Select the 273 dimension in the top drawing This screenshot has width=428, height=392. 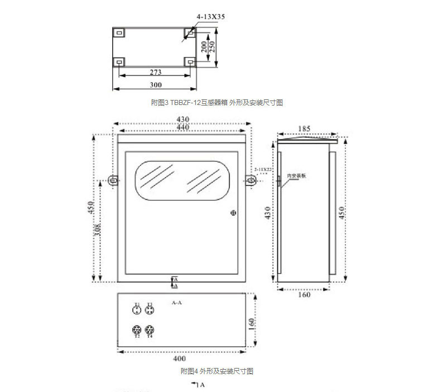156,72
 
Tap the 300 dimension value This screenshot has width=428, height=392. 156,85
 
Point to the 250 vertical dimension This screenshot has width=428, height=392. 213,45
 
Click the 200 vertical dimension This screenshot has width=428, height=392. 205,45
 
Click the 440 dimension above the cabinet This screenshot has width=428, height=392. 182,128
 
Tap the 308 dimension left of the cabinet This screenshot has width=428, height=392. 98,230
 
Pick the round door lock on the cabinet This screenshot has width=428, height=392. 233,212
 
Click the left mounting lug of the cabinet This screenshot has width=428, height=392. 113,180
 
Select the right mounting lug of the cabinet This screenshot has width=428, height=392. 251,180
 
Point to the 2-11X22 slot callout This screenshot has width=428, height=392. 263,169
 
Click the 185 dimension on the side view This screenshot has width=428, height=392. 304,128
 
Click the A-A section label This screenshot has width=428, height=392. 177,303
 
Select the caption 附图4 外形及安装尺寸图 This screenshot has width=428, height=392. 217,371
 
